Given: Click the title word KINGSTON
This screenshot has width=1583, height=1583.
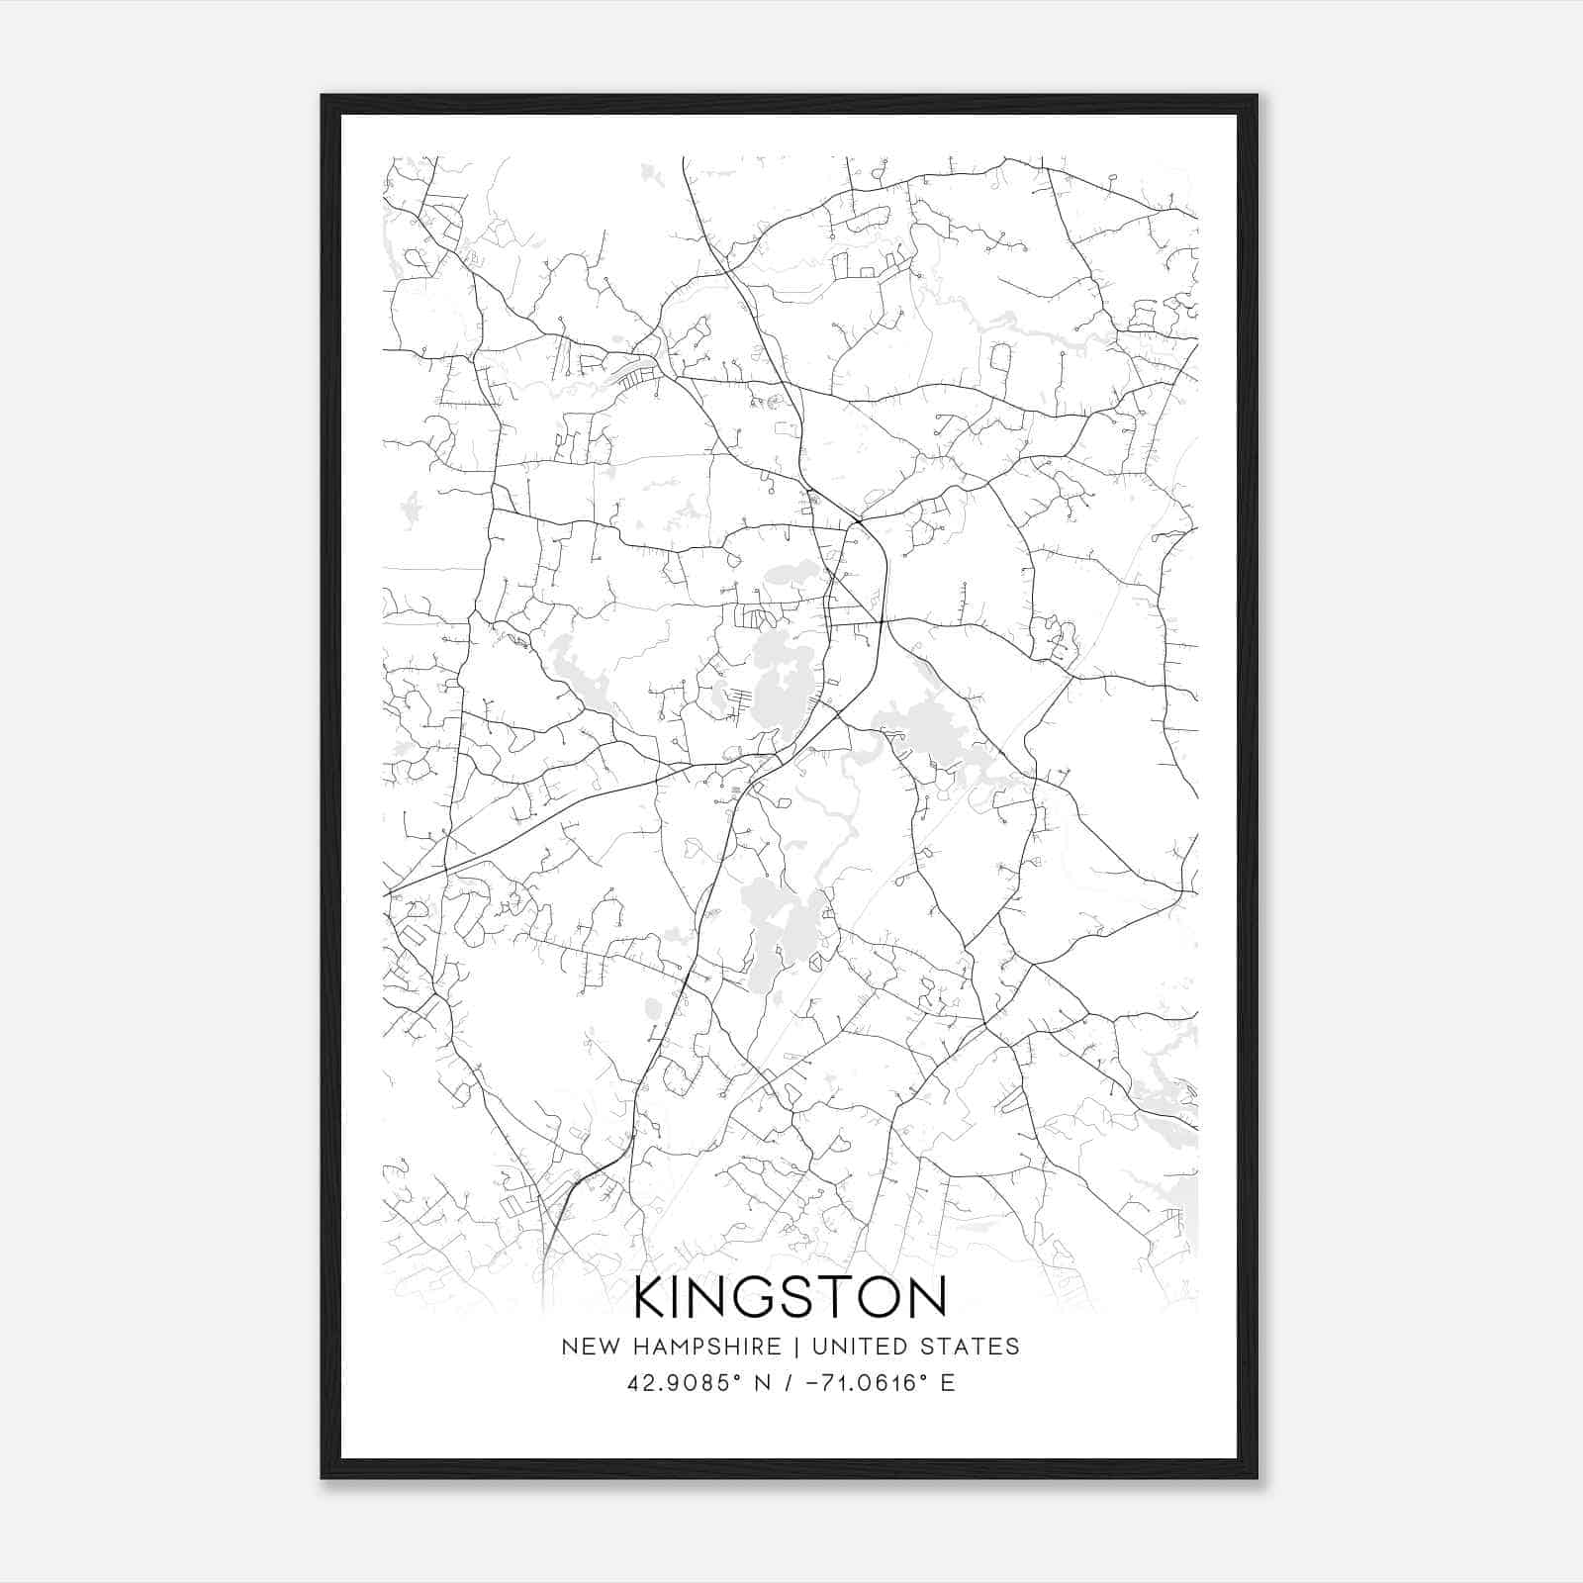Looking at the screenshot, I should pos(790,1297).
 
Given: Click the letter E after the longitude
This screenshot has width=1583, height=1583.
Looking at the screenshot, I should pos(948,1383).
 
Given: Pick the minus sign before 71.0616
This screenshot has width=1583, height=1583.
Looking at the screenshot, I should pos(813,1383).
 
